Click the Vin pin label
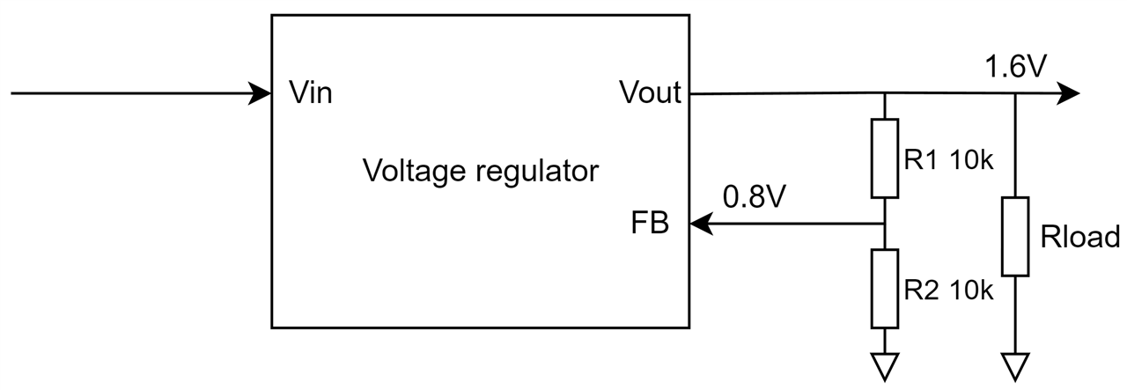click(x=311, y=92)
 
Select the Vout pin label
click(x=650, y=92)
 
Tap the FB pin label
click(x=650, y=224)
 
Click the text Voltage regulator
click(x=480, y=170)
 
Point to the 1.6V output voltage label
click(x=1016, y=68)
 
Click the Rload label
click(x=1079, y=237)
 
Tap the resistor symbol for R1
click(x=884, y=158)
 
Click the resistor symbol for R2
click(x=884, y=288)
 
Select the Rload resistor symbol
click(x=1015, y=236)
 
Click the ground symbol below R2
click(x=884, y=364)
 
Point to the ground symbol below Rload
click(x=1015, y=364)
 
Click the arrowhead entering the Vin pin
click(x=260, y=92)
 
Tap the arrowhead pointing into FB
click(x=701, y=224)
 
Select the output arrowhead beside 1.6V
click(x=1068, y=92)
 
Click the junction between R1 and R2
click(x=884, y=224)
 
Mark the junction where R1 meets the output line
click(x=884, y=92)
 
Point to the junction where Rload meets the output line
click(x=1015, y=92)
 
